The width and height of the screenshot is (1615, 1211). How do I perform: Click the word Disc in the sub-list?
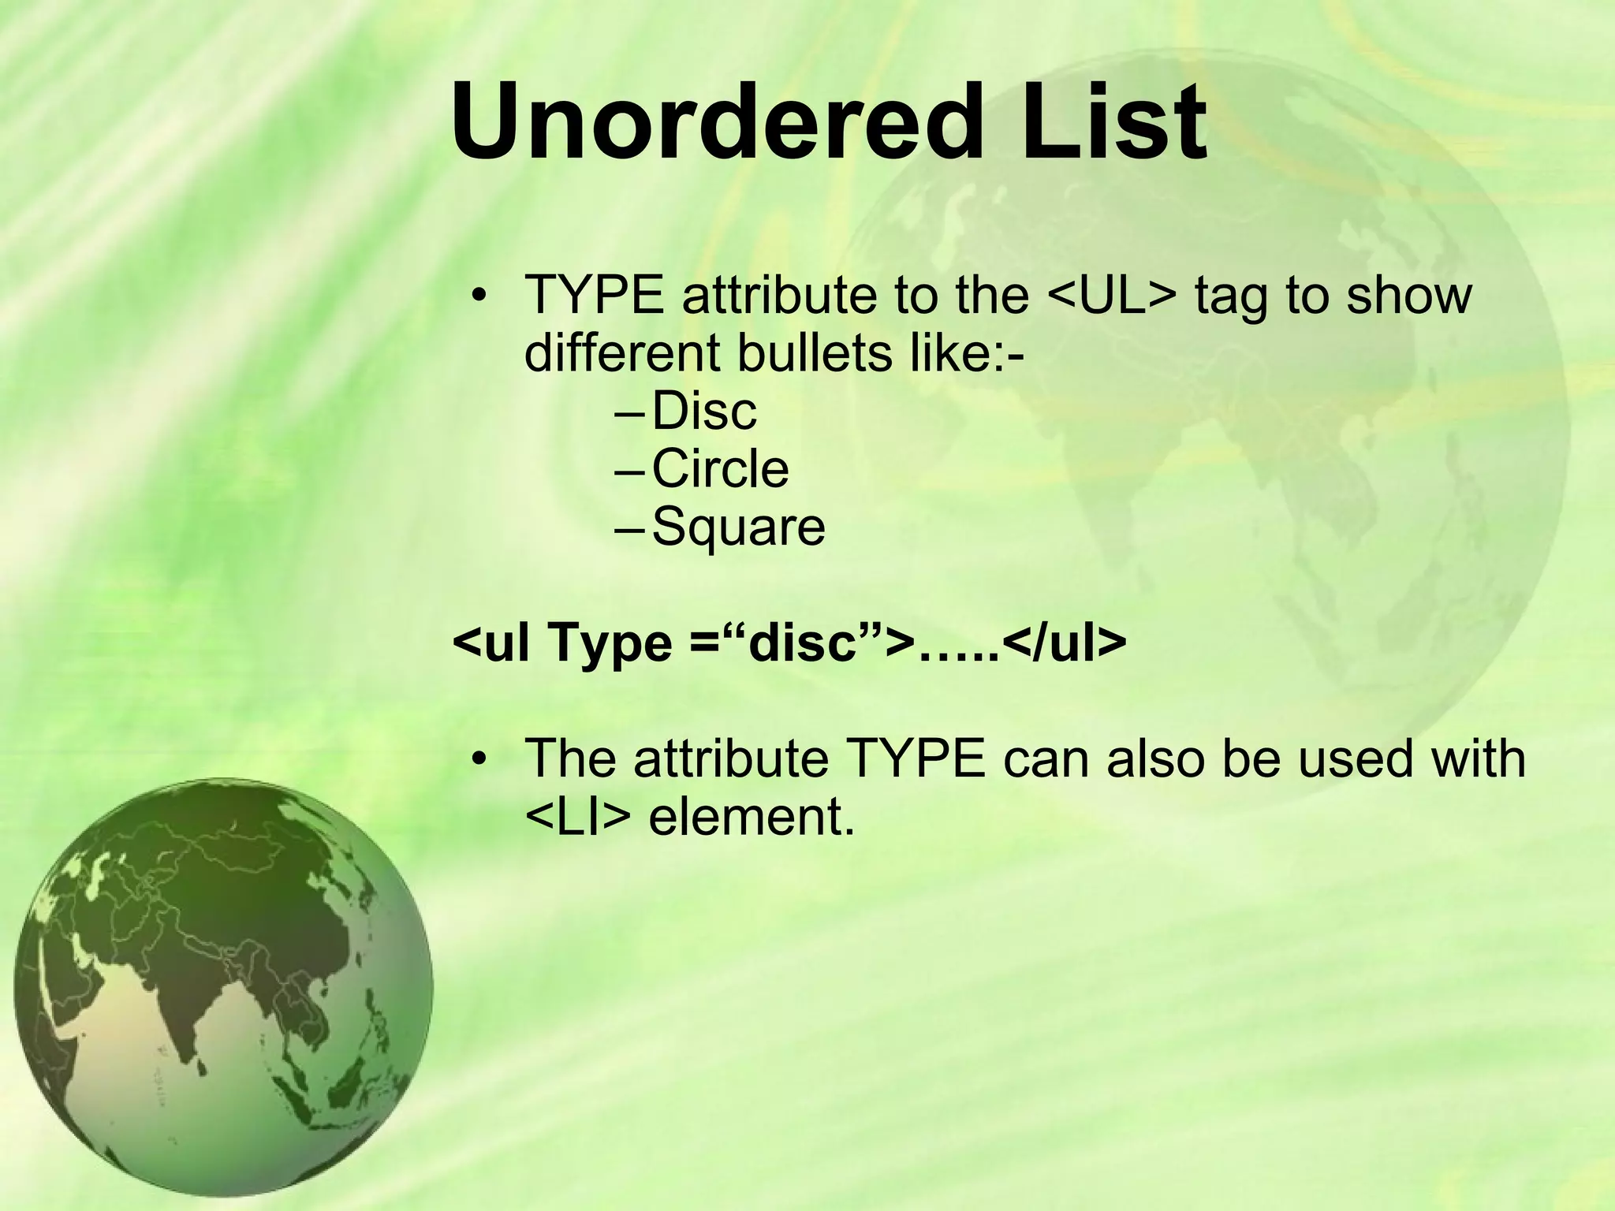704,411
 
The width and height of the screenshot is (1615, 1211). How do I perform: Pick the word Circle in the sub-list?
720,469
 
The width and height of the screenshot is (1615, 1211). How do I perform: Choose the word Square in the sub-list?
738,527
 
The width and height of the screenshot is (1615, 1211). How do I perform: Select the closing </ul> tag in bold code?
1065,644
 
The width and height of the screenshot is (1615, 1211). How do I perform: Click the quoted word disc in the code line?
803,644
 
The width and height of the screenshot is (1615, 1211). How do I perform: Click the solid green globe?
223,986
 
